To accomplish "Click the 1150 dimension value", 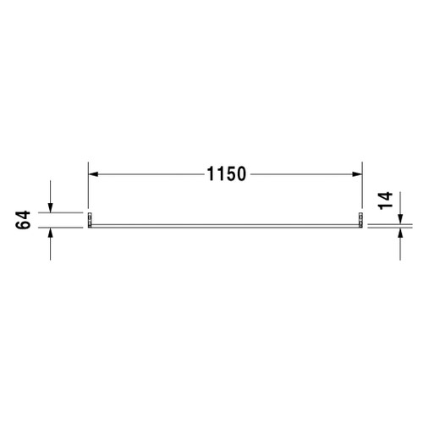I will click(x=225, y=175).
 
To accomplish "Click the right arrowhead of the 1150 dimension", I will click(x=356, y=175).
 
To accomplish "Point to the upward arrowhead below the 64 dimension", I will click(x=52, y=234).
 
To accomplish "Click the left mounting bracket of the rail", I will click(x=90, y=222).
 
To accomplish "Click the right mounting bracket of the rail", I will click(x=361, y=222).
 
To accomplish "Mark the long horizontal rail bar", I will click(x=225, y=225).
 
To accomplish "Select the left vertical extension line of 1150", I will click(x=89, y=190).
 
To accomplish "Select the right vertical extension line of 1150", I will click(x=361, y=190).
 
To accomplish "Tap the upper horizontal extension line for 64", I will click(x=63, y=212).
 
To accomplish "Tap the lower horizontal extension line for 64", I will click(x=63, y=229).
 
